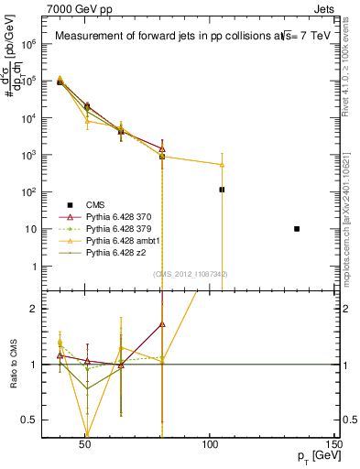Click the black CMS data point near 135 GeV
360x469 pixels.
click(x=297, y=228)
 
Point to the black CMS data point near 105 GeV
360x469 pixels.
click(x=222, y=190)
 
